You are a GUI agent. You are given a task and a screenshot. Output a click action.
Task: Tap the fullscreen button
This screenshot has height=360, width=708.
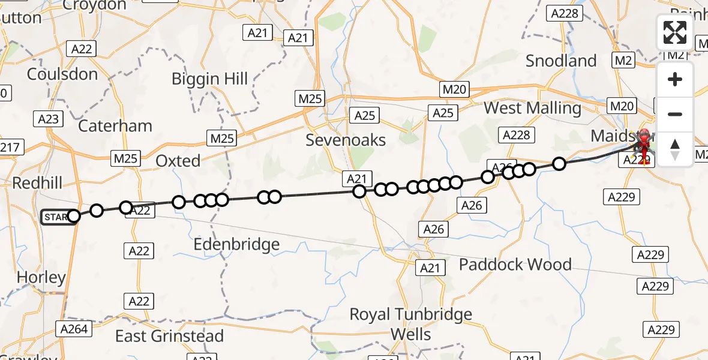click(675, 32)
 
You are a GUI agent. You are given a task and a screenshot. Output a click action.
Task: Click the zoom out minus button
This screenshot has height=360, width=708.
click(675, 114)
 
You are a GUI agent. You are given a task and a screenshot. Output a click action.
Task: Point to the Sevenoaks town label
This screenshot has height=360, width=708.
click(346, 140)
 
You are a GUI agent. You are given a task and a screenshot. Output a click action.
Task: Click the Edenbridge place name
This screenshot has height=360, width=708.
click(236, 244)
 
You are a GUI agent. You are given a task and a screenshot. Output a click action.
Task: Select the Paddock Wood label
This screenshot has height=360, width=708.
click(515, 264)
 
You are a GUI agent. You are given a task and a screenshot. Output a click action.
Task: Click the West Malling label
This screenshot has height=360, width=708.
click(532, 108)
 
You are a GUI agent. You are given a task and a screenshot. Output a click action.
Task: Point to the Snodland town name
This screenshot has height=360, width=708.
click(561, 61)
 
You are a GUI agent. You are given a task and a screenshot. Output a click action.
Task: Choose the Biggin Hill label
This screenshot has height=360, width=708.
click(209, 79)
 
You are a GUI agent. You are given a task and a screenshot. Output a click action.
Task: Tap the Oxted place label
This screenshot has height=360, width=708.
click(178, 161)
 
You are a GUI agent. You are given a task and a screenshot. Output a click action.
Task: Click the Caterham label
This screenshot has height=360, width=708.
click(115, 126)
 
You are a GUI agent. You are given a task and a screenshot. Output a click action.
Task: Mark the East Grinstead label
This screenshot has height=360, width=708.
click(169, 336)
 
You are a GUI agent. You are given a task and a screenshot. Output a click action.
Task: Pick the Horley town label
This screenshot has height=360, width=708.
click(41, 277)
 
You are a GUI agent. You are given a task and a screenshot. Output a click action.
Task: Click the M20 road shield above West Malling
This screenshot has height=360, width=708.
click(455, 89)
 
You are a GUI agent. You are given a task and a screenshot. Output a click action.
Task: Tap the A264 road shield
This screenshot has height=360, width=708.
click(74, 328)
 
